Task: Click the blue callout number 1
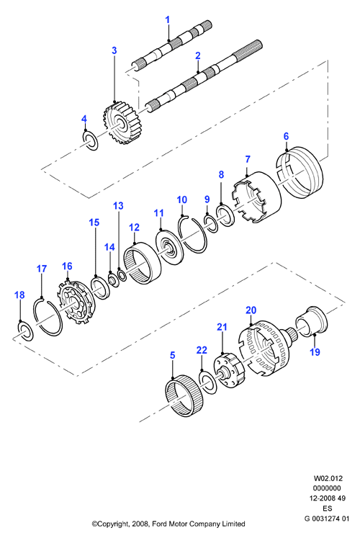pos(168,20)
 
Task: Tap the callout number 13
pos(118,206)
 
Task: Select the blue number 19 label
pos(315,351)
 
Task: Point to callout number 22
pos(202,350)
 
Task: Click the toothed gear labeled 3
pos(117,124)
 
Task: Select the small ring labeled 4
pos(91,140)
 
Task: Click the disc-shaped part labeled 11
pos(168,247)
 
